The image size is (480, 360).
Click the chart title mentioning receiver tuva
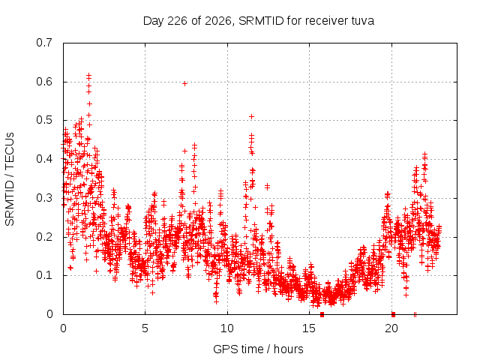[x=259, y=21]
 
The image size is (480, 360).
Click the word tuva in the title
[x=362, y=21]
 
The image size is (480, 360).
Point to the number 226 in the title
[x=177, y=21]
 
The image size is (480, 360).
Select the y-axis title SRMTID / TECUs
[x=10, y=179]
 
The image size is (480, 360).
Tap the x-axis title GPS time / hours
[x=258, y=349]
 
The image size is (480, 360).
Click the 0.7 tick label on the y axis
[x=44, y=43]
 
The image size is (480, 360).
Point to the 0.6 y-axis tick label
[x=44, y=82]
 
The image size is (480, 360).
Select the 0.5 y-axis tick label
[x=44, y=120]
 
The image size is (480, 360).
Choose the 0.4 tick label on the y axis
[x=44, y=159]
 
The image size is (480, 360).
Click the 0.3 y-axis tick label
[x=44, y=198]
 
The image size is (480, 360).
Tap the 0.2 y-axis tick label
[x=44, y=237]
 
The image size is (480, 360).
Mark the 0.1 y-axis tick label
[x=44, y=275]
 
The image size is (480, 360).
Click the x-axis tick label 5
[x=145, y=328]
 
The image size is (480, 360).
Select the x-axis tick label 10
[x=227, y=328]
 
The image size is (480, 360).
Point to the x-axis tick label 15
[x=309, y=328]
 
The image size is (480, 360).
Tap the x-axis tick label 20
[x=391, y=328]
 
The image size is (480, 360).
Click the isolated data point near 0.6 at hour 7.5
[x=184, y=83]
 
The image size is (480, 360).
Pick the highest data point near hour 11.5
[x=252, y=117]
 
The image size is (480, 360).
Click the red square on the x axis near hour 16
[x=322, y=314]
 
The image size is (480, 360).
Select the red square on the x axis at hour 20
[x=393, y=314]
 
